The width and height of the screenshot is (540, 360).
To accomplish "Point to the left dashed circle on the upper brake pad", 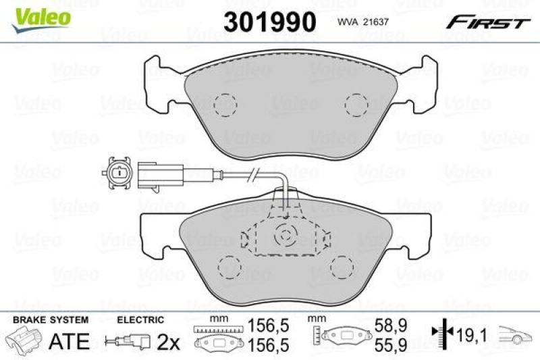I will pos(225,105).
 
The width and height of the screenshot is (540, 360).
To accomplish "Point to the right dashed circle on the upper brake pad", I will pos(357,105).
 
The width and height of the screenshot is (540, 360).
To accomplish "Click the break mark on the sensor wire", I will pos(252,177).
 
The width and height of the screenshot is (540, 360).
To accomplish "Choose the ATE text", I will pos(69,341).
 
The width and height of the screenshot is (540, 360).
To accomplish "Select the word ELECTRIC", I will pos(140,319).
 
